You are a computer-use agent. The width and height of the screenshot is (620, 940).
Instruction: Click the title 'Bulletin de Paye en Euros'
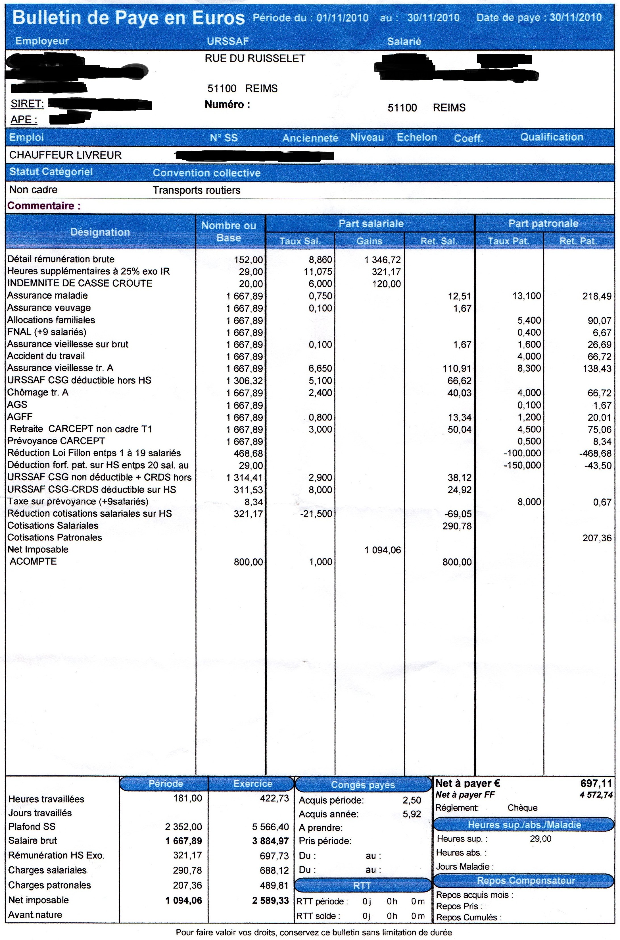tap(128, 18)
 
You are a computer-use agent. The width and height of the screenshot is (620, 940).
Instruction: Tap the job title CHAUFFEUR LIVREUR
tap(65, 155)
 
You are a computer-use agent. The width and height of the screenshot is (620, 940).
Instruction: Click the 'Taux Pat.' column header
tap(508, 241)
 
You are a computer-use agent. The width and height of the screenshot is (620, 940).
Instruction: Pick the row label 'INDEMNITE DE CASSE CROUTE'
tap(80, 283)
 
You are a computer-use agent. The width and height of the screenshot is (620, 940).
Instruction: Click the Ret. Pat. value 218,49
tap(597, 296)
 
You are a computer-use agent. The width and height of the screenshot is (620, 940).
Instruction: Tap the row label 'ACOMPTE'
tap(33, 561)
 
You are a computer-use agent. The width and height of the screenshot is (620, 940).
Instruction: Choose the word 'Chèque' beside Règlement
tap(522, 808)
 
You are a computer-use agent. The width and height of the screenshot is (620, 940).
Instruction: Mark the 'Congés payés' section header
tap(363, 785)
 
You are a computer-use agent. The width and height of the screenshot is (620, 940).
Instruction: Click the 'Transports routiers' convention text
tap(197, 191)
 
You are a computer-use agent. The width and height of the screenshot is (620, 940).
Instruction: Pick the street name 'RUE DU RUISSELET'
tap(255, 59)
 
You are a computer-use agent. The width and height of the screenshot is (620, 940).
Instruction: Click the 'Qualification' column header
tap(552, 137)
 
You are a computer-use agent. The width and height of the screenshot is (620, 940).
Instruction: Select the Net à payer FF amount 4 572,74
tap(596, 795)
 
